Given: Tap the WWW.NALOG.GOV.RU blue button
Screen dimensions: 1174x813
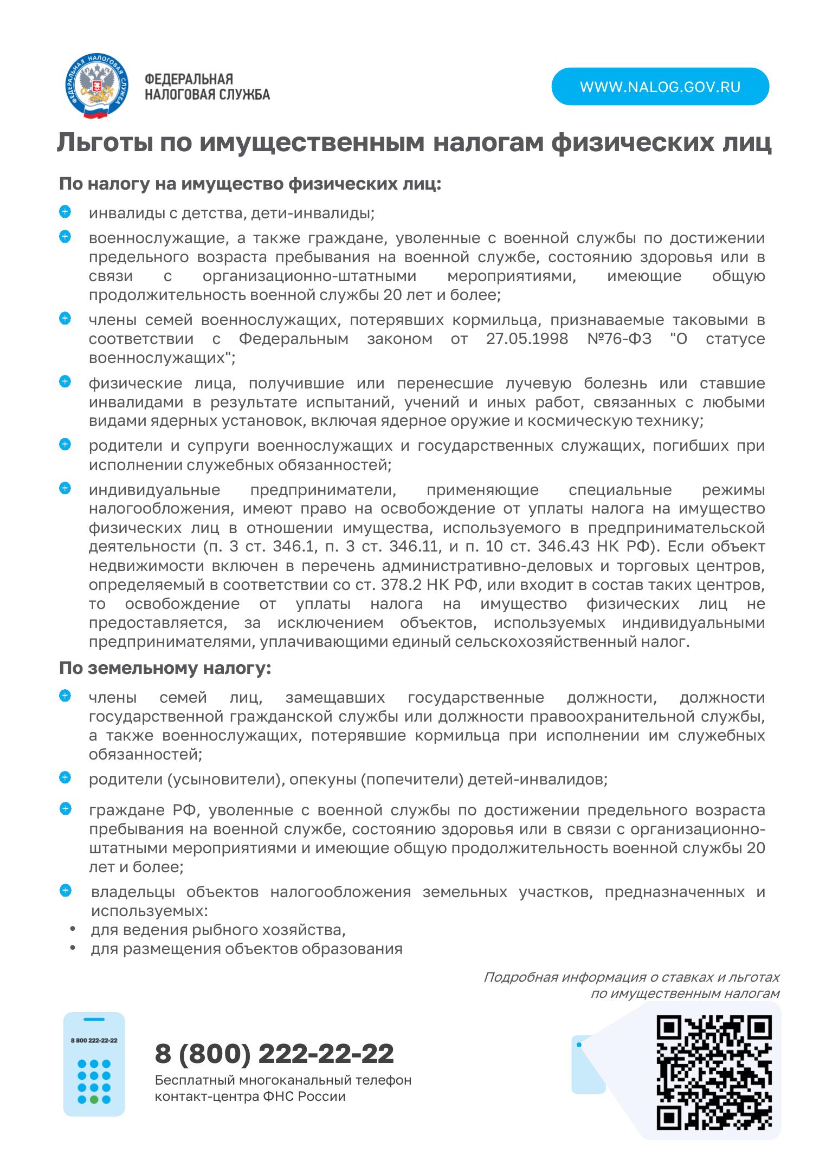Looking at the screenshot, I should tap(660, 87).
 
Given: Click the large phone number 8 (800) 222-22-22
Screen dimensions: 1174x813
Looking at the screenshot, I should tap(274, 1054).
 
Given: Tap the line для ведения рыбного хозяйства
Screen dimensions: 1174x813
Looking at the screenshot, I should tap(218, 930).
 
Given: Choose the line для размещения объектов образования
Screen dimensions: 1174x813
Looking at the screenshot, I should tap(247, 949).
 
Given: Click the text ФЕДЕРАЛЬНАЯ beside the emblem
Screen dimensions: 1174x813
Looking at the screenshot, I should tap(188, 80).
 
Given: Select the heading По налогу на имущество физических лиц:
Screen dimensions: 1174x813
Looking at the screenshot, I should tap(250, 184).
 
